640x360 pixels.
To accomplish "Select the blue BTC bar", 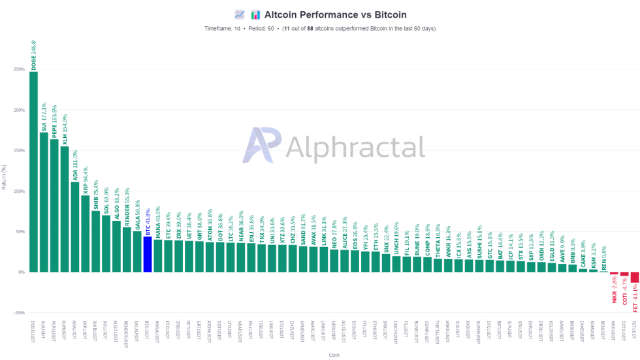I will coord(148,254).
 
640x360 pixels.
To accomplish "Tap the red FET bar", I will coord(634,277).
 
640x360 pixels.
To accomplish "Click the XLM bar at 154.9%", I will coord(65,209).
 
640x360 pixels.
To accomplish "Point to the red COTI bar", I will coord(624,274).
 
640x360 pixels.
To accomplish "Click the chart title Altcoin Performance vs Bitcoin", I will coord(335,14).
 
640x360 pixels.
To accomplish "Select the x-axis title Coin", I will coord(334,355).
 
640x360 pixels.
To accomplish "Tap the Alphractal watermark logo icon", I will coord(262,145).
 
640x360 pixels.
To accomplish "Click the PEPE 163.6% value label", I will coord(54,121).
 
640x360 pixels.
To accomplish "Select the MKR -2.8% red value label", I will coord(614,290).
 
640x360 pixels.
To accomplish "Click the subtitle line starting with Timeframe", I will coord(319,29).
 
